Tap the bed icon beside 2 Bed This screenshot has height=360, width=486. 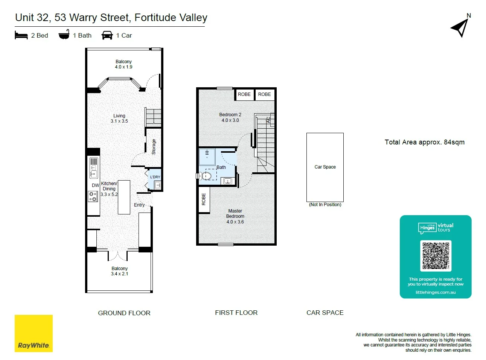tap(21, 35)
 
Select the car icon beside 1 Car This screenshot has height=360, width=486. tap(107, 35)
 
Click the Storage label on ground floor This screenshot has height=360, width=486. tap(154, 147)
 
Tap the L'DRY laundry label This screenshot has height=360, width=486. tap(155, 177)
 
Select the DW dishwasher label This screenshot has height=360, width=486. tap(95, 185)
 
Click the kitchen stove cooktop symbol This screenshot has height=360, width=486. tap(93, 196)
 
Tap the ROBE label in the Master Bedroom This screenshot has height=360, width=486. tap(204, 199)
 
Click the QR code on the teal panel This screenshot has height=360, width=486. tap(436, 256)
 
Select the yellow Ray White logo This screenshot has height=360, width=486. tap(34, 333)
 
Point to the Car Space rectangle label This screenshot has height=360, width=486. tap(325, 167)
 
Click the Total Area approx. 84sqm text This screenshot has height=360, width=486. tap(424, 142)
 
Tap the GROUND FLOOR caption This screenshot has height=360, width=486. tap(124, 313)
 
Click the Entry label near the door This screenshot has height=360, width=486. tap(139, 205)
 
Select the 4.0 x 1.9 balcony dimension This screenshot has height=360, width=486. tap(123, 67)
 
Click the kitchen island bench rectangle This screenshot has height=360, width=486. tap(124, 197)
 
